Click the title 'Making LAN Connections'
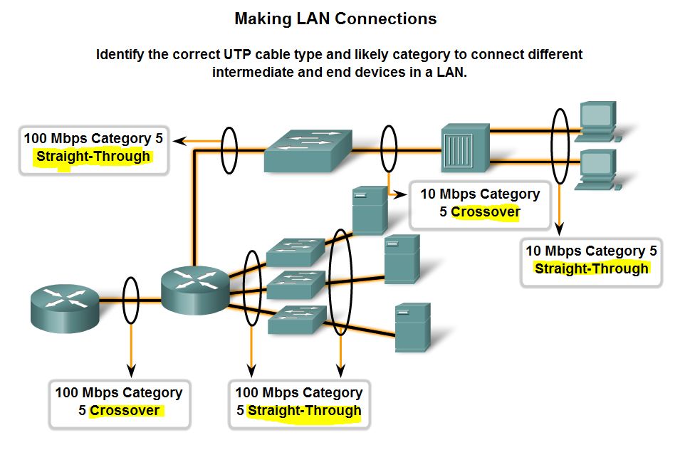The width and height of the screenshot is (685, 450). (335, 19)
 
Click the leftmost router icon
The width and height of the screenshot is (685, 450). (64, 303)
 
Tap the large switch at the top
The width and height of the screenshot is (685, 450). (308, 148)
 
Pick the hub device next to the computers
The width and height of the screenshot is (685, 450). (465, 148)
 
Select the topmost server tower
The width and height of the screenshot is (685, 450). (370, 209)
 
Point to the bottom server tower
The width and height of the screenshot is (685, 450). (412, 326)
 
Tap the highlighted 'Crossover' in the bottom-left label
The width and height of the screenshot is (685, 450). (125, 410)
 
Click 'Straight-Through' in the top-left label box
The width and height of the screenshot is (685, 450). (93, 157)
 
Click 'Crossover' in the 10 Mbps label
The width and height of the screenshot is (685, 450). (486, 211)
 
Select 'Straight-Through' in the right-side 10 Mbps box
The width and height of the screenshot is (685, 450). (592, 268)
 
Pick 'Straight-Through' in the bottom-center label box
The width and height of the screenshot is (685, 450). (304, 410)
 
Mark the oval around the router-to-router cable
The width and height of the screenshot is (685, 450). (130, 301)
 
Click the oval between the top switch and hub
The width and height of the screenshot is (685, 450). (388, 150)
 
